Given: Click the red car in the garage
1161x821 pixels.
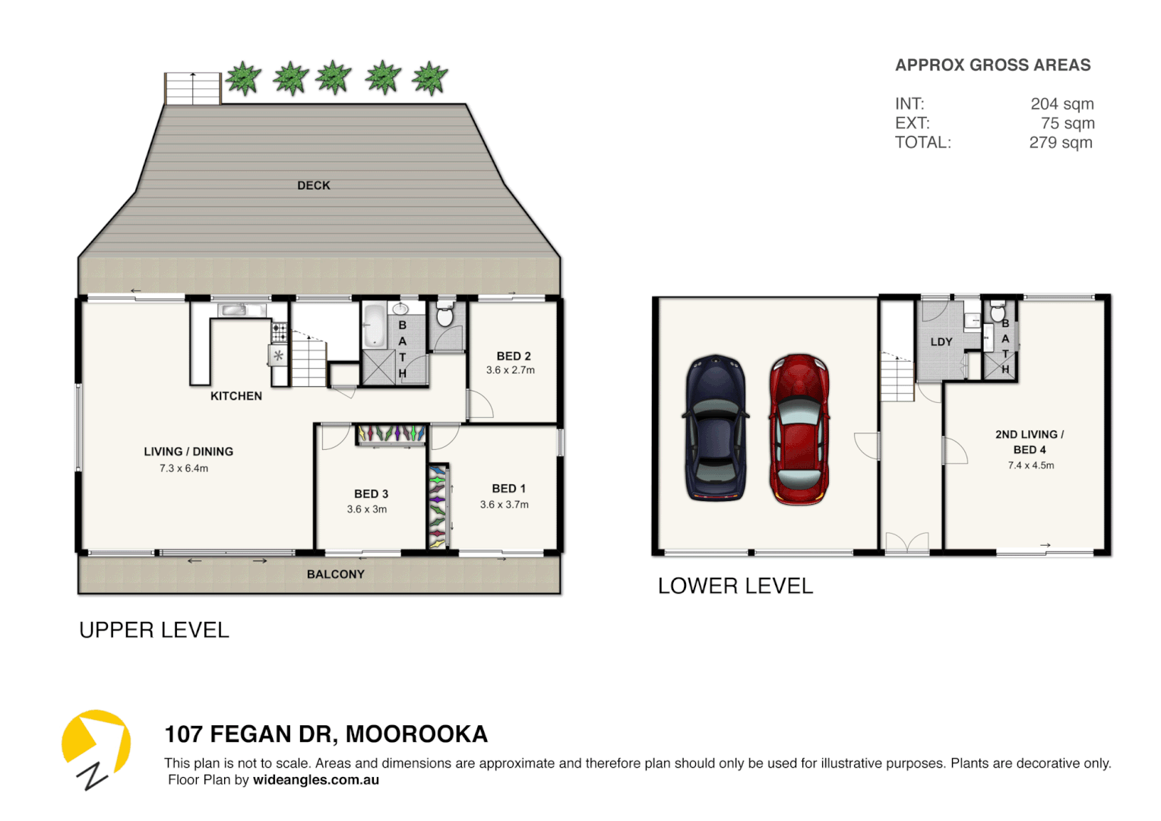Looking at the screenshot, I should click(799, 430).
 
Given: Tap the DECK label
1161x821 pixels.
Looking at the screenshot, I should click(314, 185).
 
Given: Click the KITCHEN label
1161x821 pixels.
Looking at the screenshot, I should click(236, 396).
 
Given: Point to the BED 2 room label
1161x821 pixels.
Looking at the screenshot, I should click(514, 356).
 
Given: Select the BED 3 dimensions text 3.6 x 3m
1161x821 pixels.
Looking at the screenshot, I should click(367, 509).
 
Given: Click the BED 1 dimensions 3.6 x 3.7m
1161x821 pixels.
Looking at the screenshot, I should click(505, 505).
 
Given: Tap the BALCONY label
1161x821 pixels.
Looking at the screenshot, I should click(336, 575).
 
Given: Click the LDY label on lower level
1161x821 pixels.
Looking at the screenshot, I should click(941, 342).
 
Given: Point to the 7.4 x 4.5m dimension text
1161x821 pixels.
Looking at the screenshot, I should click(1031, 465).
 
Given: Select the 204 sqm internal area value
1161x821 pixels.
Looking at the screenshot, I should click(1062, 104).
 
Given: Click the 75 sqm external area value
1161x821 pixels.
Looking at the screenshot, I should click(1068, 123).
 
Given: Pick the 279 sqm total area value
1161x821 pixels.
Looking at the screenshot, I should click(1061, 143).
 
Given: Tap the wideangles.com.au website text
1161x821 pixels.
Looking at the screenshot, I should click(316, 780).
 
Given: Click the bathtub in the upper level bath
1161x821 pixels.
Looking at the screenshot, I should click(374, 325).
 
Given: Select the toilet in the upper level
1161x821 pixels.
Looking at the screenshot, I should click(445, 315).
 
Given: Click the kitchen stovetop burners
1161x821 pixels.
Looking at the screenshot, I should click(280, 332).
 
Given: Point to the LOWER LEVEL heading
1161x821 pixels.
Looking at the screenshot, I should click(736, 586).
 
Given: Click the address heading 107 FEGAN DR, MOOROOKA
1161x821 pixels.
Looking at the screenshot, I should click(326, 734).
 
